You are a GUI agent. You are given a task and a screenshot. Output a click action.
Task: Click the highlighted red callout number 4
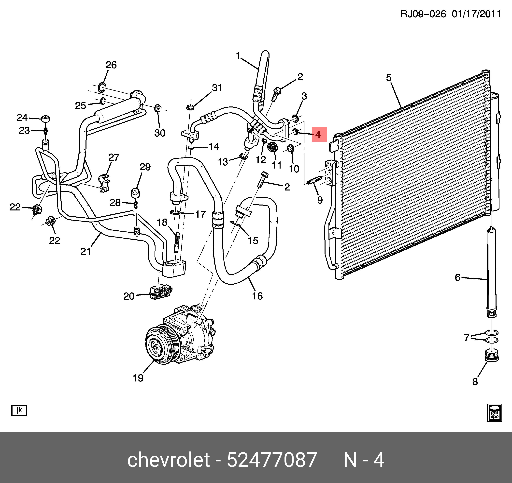[319, 134]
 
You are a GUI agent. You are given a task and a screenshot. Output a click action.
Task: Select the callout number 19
[138, 378]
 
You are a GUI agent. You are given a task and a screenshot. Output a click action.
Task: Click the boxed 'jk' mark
[19, 410]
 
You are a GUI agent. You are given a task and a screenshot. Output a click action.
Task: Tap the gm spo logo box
[495, 413]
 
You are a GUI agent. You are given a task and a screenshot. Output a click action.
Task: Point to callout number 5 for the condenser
[389, 78]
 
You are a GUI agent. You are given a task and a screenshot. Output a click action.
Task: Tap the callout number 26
[111, 65]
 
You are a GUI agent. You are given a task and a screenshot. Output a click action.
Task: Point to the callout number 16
[257, 296]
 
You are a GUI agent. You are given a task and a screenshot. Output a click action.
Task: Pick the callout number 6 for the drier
[458, 277]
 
